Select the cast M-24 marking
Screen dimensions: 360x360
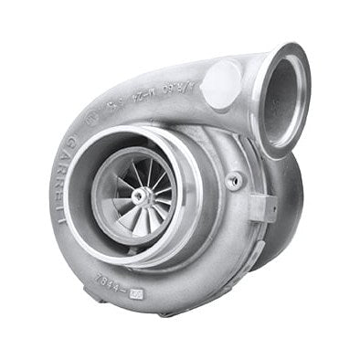tap(143, 96)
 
